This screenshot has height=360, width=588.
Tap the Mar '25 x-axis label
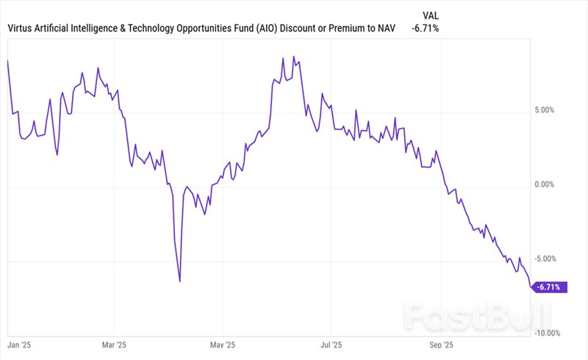(114, 343)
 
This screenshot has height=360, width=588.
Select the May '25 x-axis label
(222, 343)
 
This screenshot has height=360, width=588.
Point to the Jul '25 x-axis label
(331, 343)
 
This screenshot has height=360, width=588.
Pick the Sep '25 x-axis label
(440, 343)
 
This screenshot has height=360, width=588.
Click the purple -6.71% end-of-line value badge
(551, 287)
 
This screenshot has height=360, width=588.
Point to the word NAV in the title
(384, 29)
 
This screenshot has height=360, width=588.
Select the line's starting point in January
(7, 60)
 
